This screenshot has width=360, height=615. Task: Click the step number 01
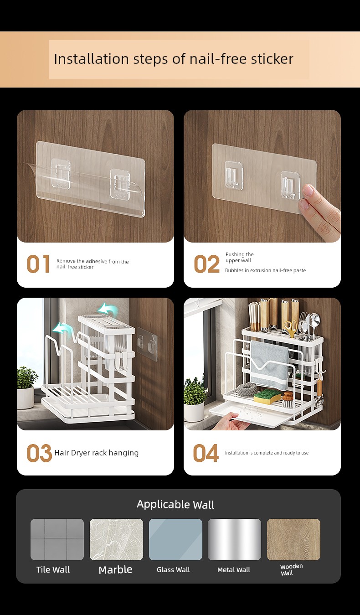click(x=38, y=264)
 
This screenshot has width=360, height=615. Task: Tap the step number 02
click(x=206, y=264)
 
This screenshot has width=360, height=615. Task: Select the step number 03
click(x=39, y=453)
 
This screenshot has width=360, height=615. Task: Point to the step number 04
click(x=206, y=453)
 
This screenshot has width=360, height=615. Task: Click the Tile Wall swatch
click(x=57, y=539)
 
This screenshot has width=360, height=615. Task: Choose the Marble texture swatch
click(x=116, y=539)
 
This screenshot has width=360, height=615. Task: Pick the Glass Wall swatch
click(x=175, y=539)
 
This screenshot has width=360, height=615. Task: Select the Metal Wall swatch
click(x=234, y=539)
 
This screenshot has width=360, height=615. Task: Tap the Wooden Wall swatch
click(x=293, y=539)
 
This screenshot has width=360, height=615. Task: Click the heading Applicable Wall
click(x=175, y=505)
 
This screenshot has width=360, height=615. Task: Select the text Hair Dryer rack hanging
click(x=96, y=453)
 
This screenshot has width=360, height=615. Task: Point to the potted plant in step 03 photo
click(x=26, y=388)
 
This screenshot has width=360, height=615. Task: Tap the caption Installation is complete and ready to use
click(x=267, y=453)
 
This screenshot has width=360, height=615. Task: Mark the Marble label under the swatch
click(x=115, y=570)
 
